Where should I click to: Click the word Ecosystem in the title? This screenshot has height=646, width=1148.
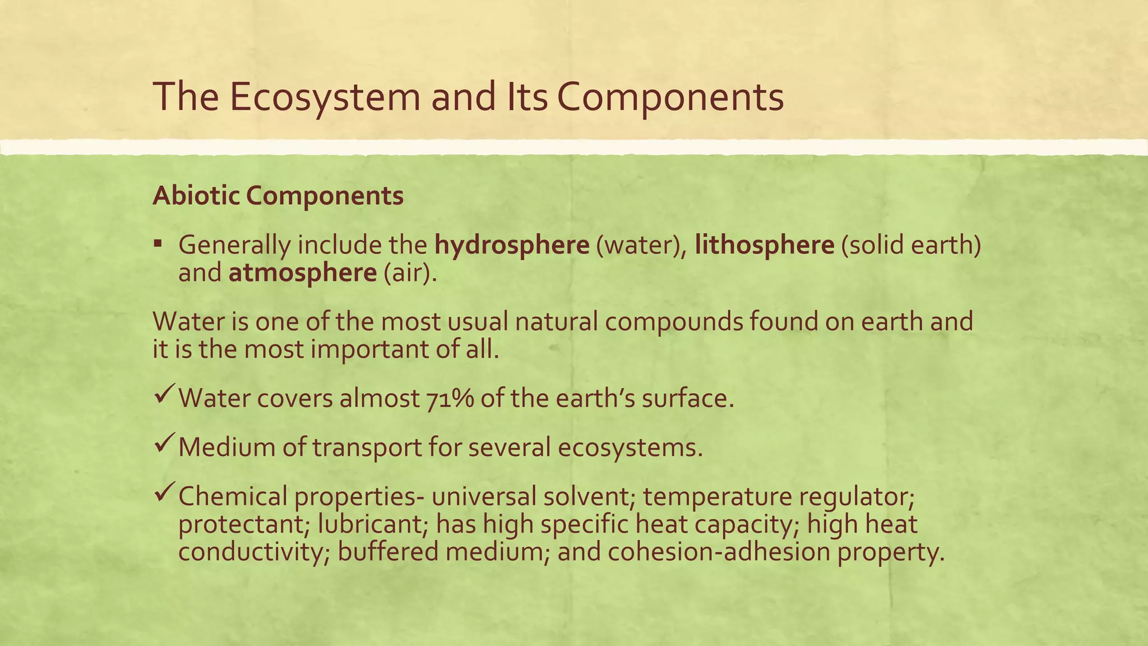click(325, 96)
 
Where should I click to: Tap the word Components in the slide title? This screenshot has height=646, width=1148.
click(670, 96)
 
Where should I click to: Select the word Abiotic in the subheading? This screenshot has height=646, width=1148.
click(196, 196)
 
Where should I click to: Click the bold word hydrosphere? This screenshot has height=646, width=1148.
click(512, 246)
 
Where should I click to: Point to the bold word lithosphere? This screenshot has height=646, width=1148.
click(765, 246)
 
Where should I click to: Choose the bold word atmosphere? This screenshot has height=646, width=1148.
click(303, 273)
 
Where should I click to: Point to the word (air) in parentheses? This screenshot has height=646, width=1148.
click(410, 273)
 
